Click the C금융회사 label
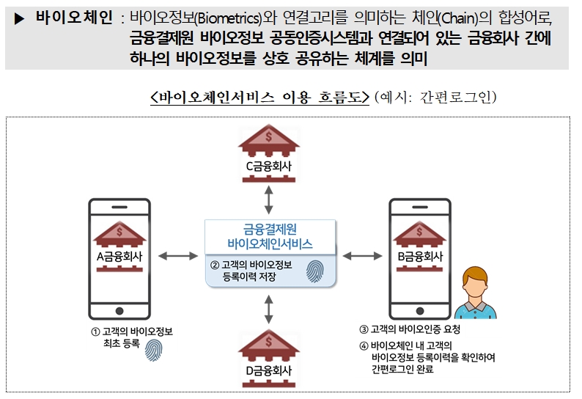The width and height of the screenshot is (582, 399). point(269,167)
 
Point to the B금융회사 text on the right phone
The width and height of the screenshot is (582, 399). point(419,257)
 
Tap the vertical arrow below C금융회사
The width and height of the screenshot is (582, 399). point(270,197)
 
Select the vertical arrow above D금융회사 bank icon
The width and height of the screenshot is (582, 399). point(270,309)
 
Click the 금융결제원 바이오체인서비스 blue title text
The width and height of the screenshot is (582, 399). point(269,236)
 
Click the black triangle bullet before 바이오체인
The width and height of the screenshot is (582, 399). point(20,18)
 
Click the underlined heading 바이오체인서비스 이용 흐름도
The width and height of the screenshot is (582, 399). point(259,97)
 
